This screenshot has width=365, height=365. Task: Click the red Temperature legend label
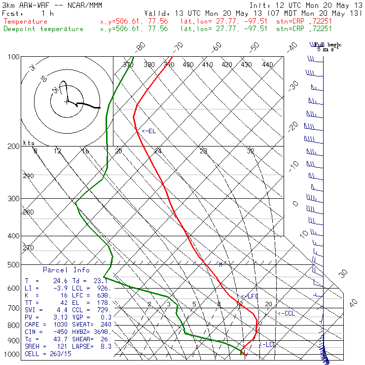[x=26, y=22]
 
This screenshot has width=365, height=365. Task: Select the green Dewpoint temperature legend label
[x=43, y=29]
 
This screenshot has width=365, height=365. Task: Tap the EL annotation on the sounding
[x=149, y=131]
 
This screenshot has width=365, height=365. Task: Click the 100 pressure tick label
[x=13, y=57]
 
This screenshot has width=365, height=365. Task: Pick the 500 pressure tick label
[x=13, y=265]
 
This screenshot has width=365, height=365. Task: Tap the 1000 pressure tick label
[x=11, y=354]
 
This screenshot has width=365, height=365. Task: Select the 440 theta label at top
[x=267, y=65]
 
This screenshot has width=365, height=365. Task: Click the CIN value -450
[x=50, y=332]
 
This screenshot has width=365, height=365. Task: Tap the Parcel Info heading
[x=66, y=270]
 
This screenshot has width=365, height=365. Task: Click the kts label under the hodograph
[x=28, y=143]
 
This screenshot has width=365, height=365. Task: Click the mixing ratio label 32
[x=251, y=151]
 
